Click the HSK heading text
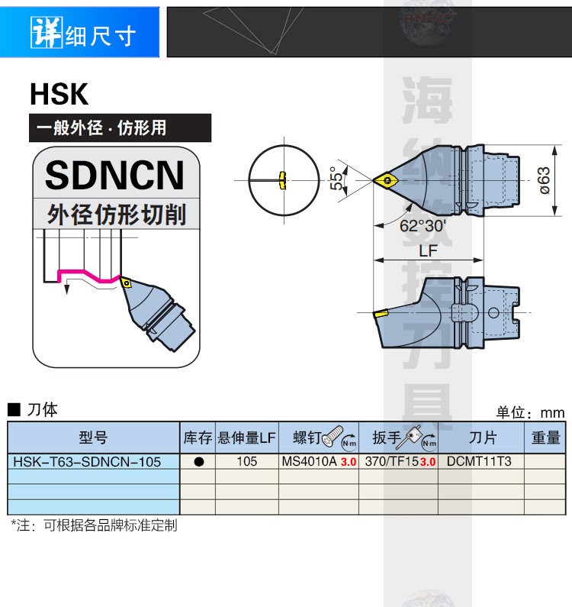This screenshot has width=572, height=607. [59, 95]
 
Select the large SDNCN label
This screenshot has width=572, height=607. [115, 175]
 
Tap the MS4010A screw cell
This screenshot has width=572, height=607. [309, 461]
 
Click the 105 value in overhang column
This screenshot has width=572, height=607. [246, 461]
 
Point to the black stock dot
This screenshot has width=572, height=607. [198, 461]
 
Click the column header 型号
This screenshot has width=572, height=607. [92, 437]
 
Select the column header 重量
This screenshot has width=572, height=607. [545, 437]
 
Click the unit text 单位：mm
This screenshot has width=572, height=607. [529, 412]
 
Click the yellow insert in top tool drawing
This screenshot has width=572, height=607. [385, 180]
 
